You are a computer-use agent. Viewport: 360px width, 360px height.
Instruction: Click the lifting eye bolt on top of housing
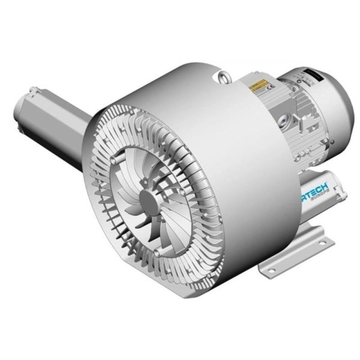point(223,77)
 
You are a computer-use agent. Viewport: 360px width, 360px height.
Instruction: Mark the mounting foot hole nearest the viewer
point(269,269)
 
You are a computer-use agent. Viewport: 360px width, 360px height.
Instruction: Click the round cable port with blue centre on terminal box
point(283,121)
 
